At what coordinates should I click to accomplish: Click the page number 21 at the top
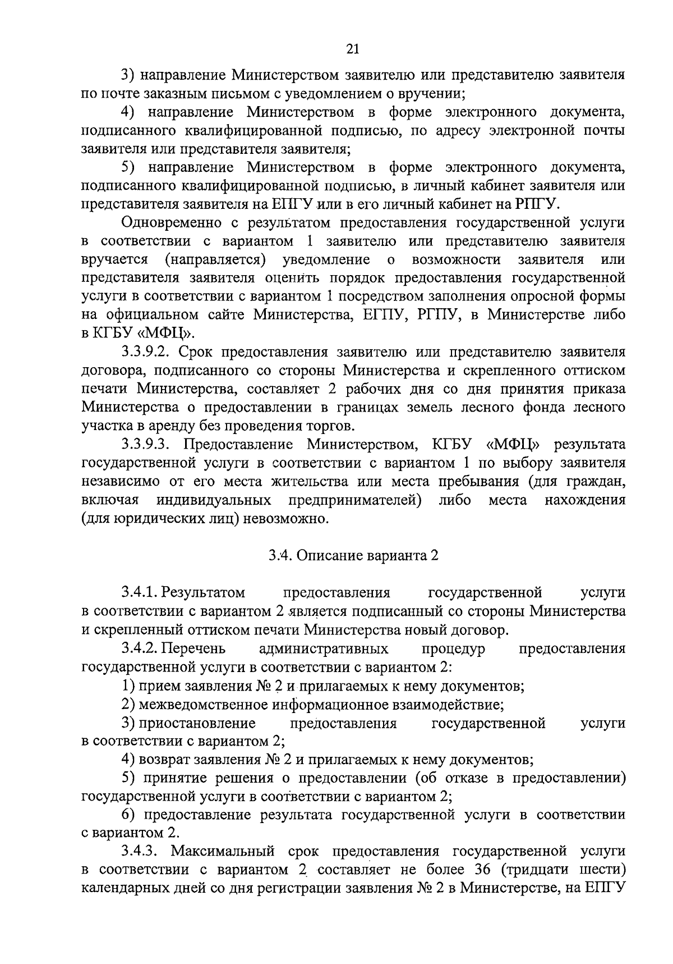coord(352,49)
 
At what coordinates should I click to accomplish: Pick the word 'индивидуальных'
coord(215,500)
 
